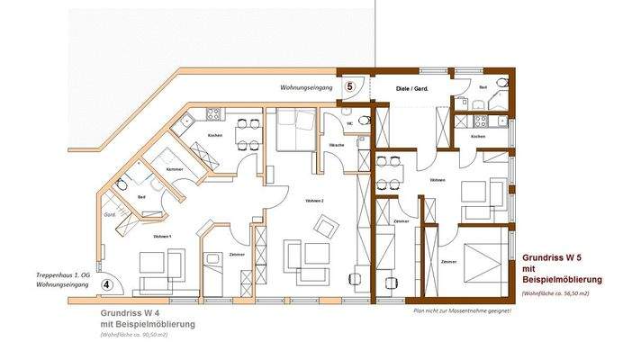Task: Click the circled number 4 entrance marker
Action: [x=107, y=283]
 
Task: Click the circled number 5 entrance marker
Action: [x=351, y=85]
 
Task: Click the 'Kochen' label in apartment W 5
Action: [x=478, y=136]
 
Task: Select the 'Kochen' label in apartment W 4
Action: [x=214, y=135]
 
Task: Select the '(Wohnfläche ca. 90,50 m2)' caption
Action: [x=135, y=334]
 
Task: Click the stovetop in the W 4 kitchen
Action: [x=213, y=114]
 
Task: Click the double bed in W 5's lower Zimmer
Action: [x=484, y=261]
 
